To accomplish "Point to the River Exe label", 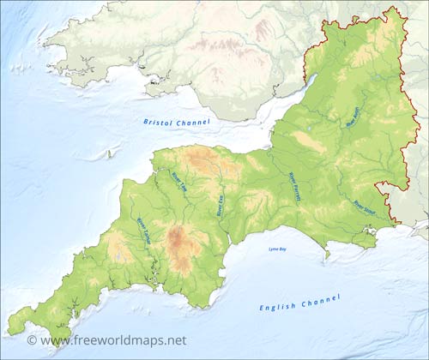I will point(220,204).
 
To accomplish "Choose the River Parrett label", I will point(294,183).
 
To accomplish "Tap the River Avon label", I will point(353,117).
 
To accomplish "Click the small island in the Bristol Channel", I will point(109,154).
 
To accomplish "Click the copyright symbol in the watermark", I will point(32,340).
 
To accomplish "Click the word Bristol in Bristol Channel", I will point(159,123).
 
